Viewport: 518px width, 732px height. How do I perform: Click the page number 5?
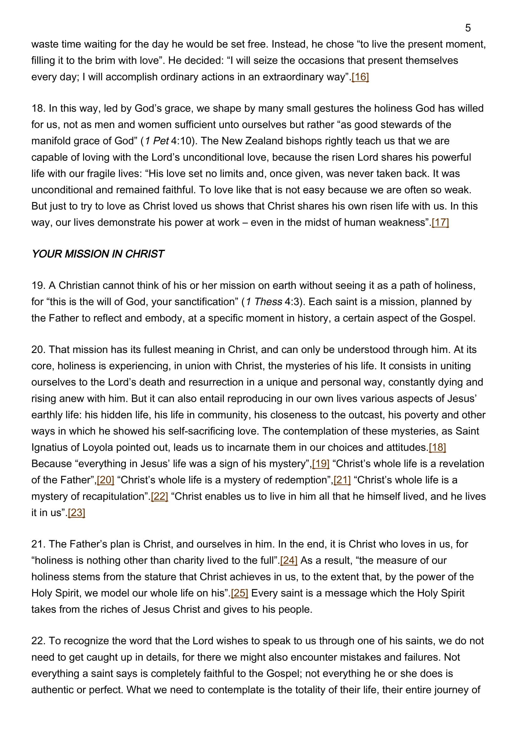coord(468,28)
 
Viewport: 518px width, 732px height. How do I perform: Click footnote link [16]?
coord(360,77)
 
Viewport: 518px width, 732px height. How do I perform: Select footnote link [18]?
coord(437,448)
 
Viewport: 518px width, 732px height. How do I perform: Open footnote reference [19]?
coord(321,464)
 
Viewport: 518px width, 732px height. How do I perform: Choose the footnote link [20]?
coord(105,480)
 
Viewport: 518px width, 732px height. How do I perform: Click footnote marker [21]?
coord(342,480)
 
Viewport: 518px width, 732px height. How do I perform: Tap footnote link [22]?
coord(159,496)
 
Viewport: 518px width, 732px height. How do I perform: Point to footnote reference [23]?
coord(76,513)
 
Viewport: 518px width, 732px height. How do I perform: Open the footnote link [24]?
coord(289,561)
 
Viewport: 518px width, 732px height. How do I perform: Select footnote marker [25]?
coord(239,593)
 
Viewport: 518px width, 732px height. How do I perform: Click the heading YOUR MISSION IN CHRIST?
coord(98,254)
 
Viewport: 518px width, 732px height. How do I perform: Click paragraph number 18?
coord(38,108)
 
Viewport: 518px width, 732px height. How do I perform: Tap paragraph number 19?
coord(38,285)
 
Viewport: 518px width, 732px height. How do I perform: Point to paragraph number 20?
coord(38,350)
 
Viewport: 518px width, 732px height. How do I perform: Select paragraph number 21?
coord(38,544)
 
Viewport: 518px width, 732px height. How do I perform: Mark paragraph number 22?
coord(38,641)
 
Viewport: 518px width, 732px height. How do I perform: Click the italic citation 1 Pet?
coord(156,141)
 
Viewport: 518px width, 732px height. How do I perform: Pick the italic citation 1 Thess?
coord(264,302)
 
